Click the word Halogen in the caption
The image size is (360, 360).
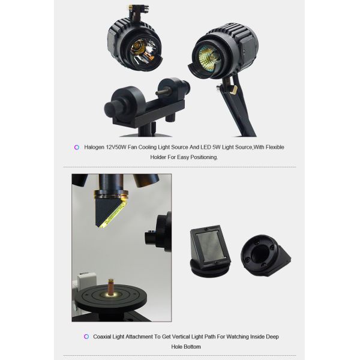(94, 147)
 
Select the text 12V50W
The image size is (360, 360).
(116, 147)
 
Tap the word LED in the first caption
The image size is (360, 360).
(205, 147)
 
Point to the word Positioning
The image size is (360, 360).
(204, 157)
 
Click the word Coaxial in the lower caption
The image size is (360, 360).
(103, 337)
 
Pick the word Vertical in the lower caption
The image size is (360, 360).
(182, 337)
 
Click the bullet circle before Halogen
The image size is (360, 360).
(77, 147)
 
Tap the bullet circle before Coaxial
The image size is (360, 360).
(86, 337)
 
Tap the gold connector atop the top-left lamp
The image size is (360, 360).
(130, 8)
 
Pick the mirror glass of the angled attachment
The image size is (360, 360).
(209, 245)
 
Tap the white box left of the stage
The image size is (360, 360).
(86, 282)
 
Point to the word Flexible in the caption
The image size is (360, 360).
(275, 147)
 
